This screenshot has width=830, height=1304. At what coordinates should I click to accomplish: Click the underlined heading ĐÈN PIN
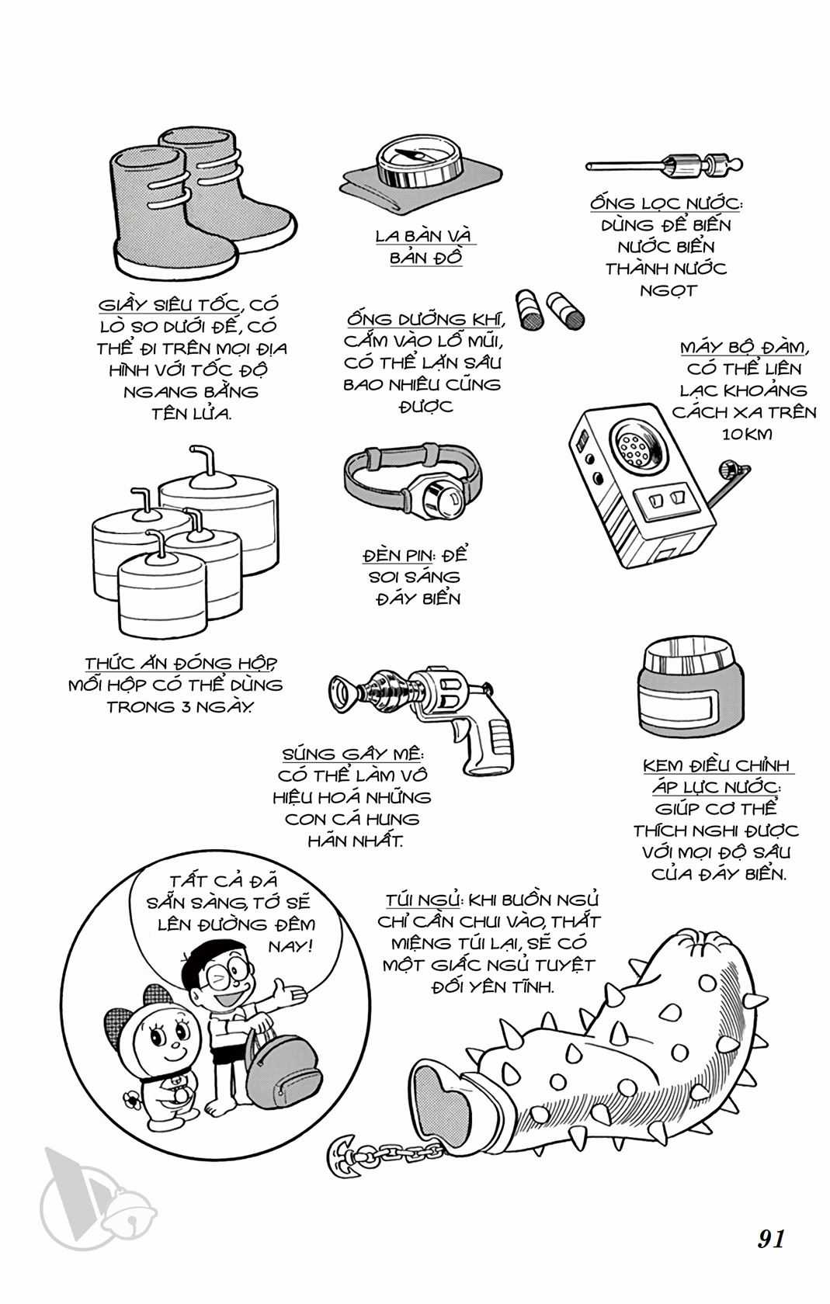click(x=398, y=555)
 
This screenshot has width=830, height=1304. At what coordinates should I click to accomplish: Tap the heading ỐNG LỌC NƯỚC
click(x=666, y=203)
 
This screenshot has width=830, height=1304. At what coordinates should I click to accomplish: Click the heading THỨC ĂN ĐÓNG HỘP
click(x=181, y=663)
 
